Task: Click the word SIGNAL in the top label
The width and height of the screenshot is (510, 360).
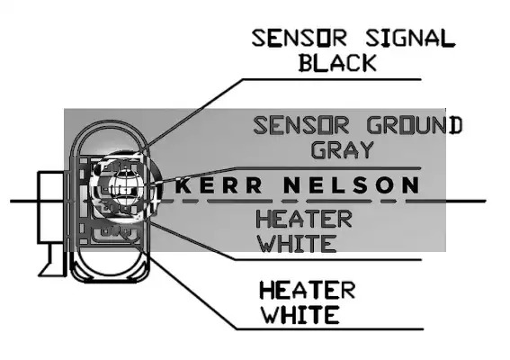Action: pyautogui.click(x=410, y=39)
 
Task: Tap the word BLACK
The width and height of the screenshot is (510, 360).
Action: pyautogui.click(x=337, y=63)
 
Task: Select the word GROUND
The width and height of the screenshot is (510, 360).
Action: pyautogui.click(x=415, y=125)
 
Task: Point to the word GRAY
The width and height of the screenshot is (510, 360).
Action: pyautogui.click(x=343, y=149)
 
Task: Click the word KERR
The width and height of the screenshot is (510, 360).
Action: pyautogui.click(x=219, y=184)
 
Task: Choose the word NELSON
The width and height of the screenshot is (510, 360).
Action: pyautogui.click(x=352, y=184)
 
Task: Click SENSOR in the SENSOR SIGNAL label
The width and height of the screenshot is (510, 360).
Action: pyautogui.click(x=300, y=39)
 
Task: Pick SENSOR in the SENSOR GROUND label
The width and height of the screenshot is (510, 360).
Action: pyautogui.click(x=301, y=125)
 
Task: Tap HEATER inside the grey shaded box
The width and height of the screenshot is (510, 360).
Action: pyautogui.click(x=304, y=219)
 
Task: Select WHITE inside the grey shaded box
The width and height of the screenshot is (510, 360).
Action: pyautogui.click(x=298, y=244)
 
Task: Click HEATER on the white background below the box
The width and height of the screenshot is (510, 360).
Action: pyautogui.click(x=308, y=291)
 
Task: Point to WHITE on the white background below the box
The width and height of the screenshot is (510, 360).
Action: pyautogui.click(x=300, y=315)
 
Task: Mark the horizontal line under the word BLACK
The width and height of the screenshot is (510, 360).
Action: pyautogui.click(x=332, y=79)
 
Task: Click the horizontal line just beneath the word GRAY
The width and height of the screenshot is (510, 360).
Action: pyautogui.click(x=327, y=168)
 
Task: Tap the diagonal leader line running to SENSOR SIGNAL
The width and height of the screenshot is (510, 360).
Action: pyautogui.click(x=194, y=112)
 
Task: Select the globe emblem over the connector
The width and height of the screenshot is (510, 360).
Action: pyautogui.click(x=125, y=186)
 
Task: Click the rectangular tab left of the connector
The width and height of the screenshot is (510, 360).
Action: pyautogui.click(x=51, y=207)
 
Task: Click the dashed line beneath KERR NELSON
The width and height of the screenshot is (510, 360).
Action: pyautogui.click(x=283, y=202)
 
